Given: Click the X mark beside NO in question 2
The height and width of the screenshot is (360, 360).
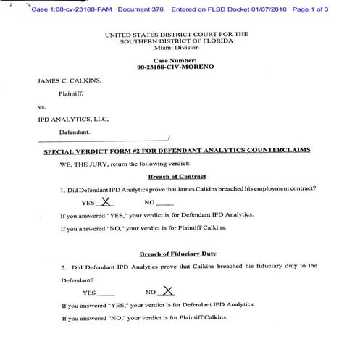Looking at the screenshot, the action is point(168,290).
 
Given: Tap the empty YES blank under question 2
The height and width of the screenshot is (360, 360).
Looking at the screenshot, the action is point(106,293).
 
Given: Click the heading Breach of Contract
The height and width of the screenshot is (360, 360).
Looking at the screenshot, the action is point(177,177).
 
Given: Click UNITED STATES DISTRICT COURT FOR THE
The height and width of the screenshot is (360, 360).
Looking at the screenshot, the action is point(176,34).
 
